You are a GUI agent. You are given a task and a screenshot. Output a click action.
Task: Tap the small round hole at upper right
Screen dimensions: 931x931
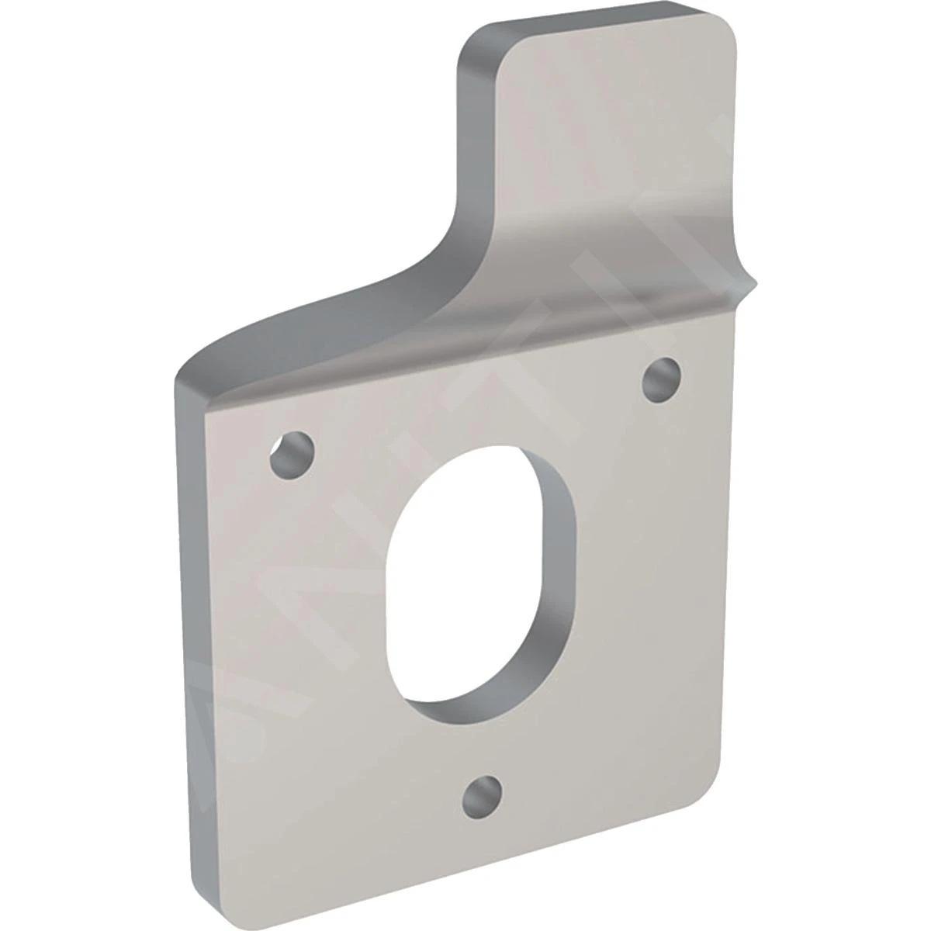coord(661,379)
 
